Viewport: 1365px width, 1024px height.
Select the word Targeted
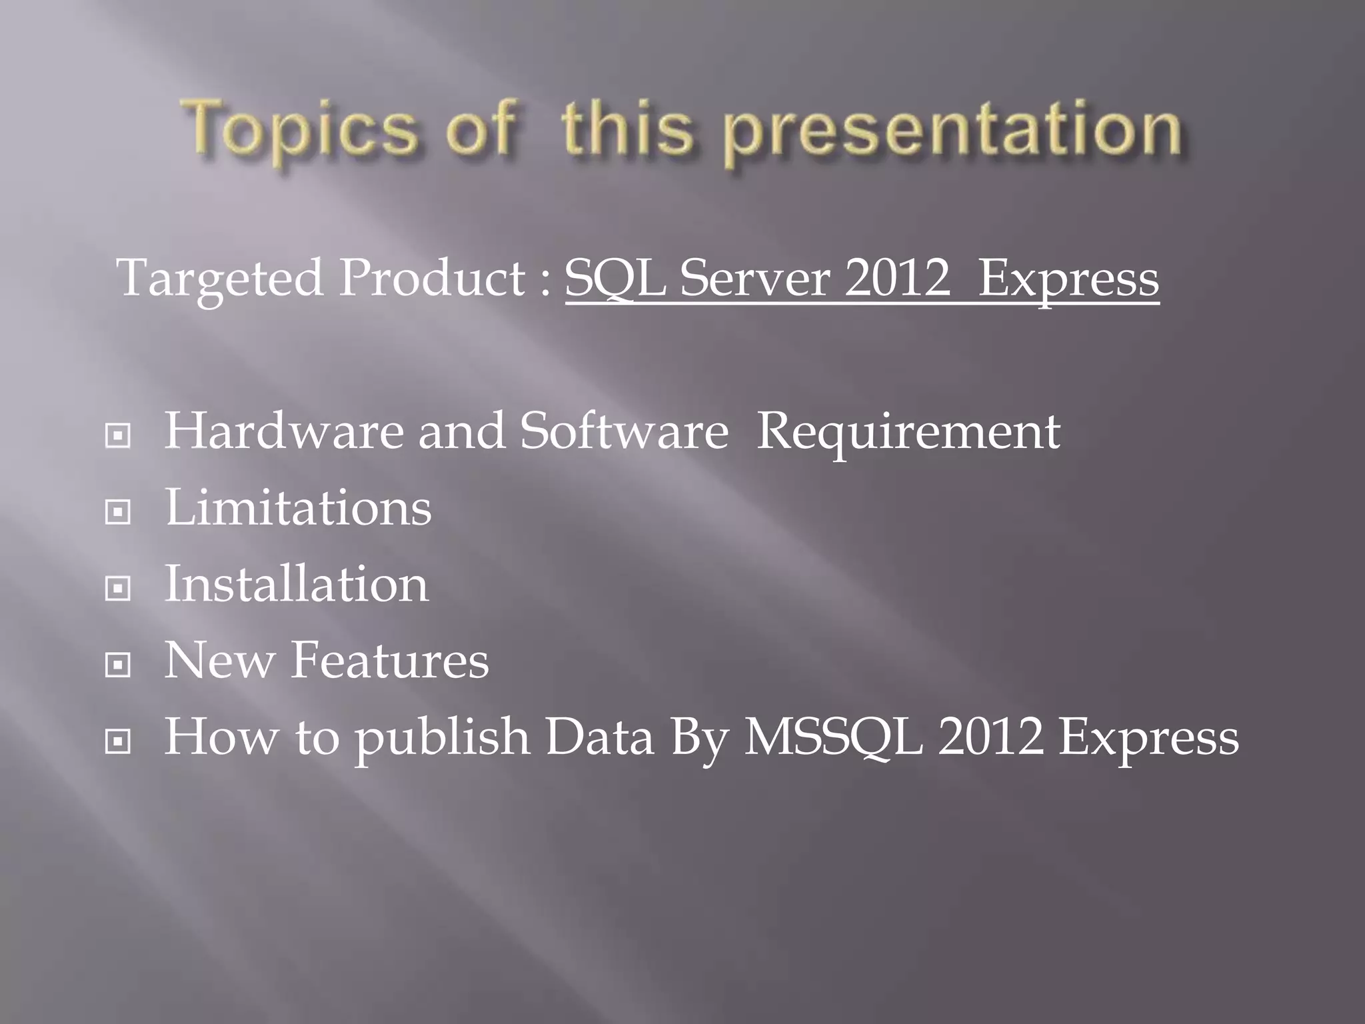pos(220,279)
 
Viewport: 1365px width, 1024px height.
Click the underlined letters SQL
pos(615,279)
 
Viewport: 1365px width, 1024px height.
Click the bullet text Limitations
pos(298,508)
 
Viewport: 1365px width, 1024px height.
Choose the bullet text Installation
pos(297,584)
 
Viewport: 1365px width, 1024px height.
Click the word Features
pos(390,660)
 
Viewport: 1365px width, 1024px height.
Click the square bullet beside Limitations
pos(118,512)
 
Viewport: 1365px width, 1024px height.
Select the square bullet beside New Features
pos(118,664)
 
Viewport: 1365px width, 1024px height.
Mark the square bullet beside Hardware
pos(118,436)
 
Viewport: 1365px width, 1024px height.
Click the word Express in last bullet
pos(1148,739)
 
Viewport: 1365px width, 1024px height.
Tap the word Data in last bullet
pos(599,737)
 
